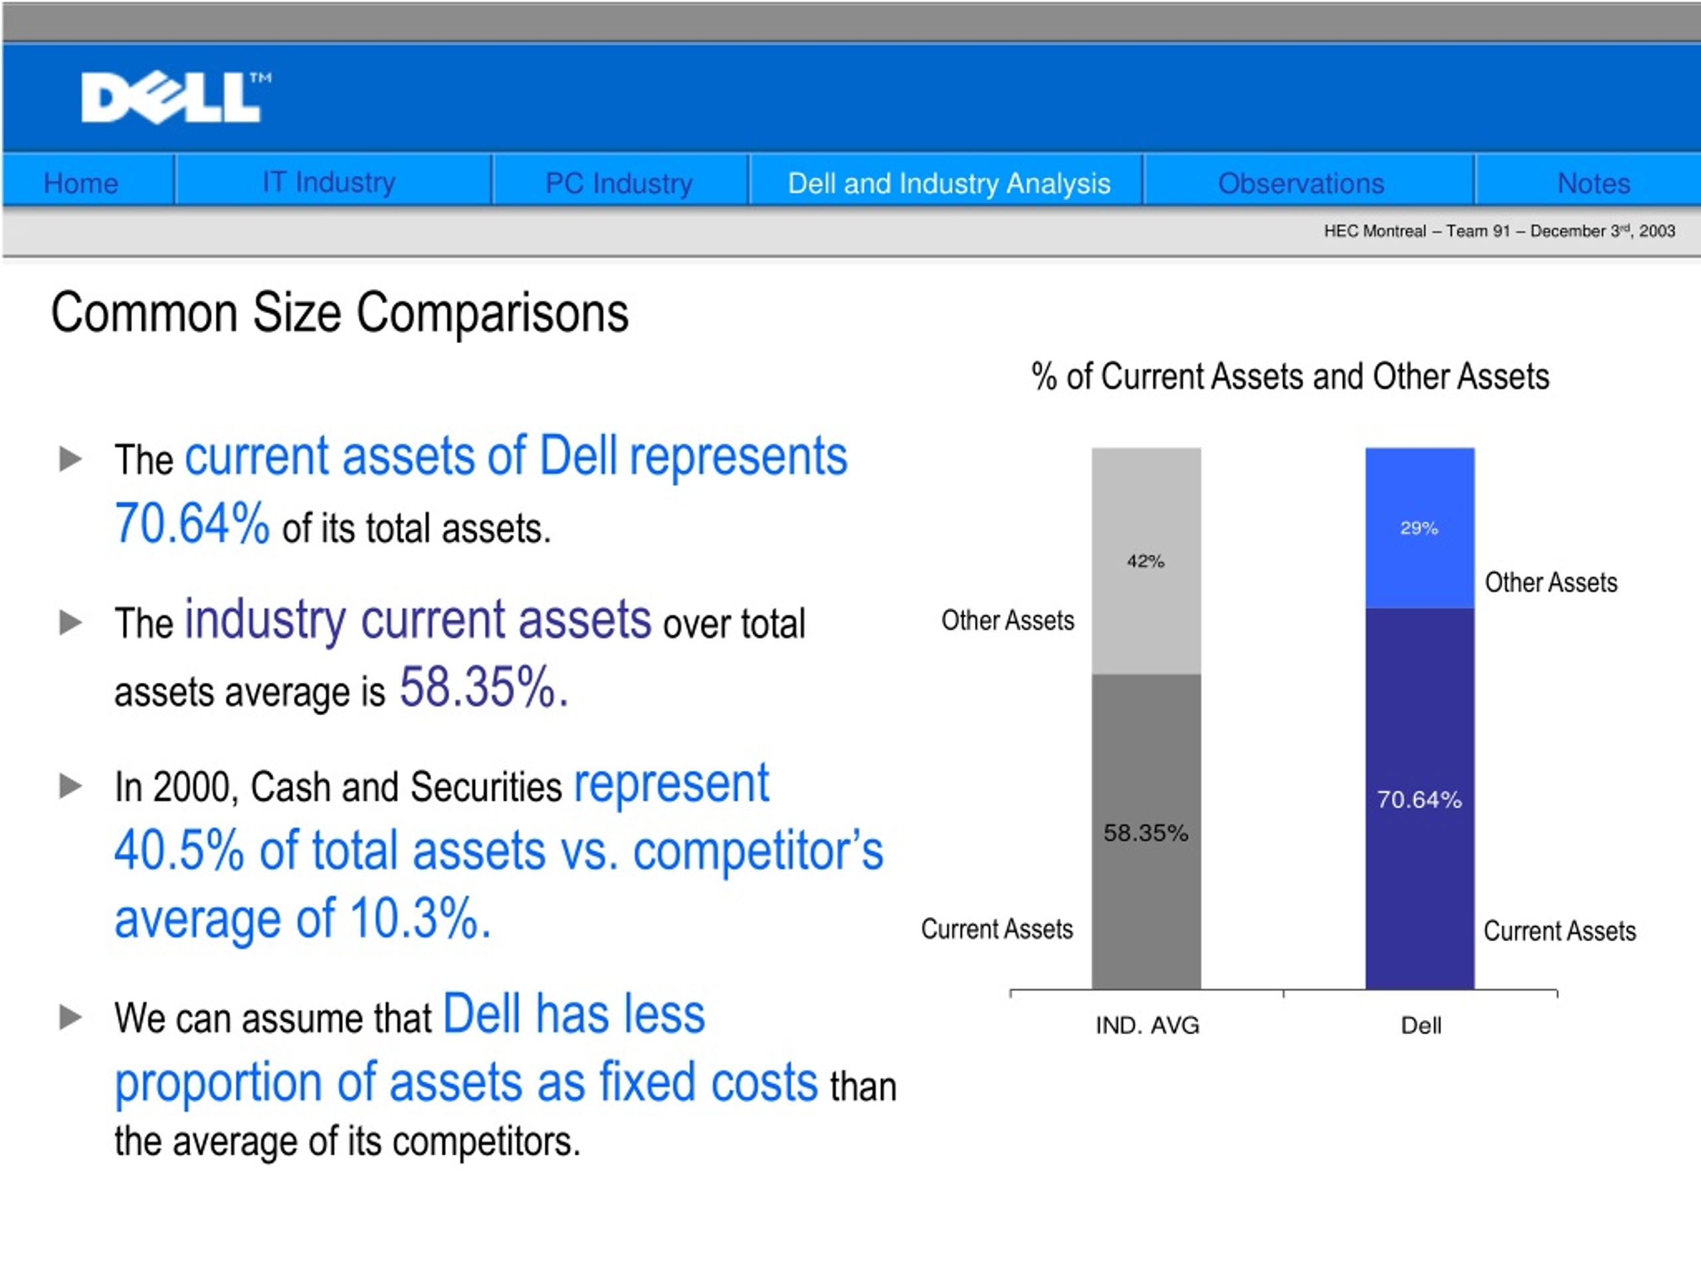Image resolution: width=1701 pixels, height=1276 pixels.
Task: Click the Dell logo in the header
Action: [x=175, y=98]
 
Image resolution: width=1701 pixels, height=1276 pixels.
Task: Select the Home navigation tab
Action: [x=81, y=183]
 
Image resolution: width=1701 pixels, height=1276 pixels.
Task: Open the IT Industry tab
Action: [x=329, y=182]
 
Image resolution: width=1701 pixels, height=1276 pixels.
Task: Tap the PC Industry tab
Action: [x=619, y=183]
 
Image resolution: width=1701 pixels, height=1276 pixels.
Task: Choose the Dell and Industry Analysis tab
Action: [x=949, y=183]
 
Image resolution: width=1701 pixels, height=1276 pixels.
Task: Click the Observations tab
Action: [x=1301, y=183]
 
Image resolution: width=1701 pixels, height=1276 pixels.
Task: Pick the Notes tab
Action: [x=1593, y=183]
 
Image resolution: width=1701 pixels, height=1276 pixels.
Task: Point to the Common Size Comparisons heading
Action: [x=340, y=313]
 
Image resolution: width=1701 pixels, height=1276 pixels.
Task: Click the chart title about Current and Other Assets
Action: [x=1290, y=377]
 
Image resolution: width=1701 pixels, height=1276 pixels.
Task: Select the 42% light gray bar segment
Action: [x=1146, y=561]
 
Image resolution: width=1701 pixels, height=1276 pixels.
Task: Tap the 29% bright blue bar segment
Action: [x=1419, y=528]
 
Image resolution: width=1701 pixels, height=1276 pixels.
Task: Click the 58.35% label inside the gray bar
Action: [x=1146, y=832]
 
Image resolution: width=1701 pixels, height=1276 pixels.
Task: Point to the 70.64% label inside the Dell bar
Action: [x=1419, y=800]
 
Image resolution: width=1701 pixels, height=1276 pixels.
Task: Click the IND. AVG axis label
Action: [x=1148, y=1025]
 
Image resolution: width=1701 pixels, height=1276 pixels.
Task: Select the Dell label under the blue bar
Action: [x=1421, y=1025]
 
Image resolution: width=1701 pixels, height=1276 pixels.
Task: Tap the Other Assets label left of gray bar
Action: [x=1007, y=620]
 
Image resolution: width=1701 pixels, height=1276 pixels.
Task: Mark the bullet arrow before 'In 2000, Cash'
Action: [x=70, y=786]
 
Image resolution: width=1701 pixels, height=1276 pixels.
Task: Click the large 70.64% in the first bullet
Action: [x=192, y=524]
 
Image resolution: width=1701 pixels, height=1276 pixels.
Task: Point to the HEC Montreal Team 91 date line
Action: [x=1499, y=231]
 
